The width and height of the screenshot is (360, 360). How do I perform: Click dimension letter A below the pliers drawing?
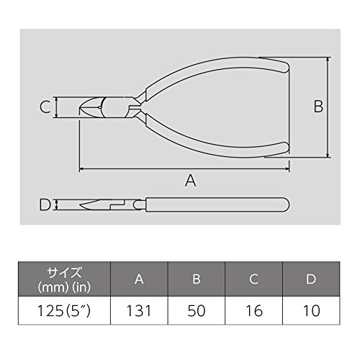(x=191, y=181)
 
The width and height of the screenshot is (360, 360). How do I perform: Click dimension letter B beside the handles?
(x=318, y=107)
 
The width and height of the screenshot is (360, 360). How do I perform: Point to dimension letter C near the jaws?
(x=45, y=107)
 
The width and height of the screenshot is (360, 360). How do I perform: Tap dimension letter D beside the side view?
(x=45, y=205)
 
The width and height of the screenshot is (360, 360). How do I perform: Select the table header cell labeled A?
(x=139, y=279)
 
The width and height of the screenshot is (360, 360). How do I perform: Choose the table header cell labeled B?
(x=197, y=279)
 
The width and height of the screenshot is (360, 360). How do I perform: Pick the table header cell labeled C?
(x=253, y=279)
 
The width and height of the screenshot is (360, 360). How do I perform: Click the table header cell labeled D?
(x=311, y=279)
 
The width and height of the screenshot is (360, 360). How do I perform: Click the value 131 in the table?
(x=139, y=311)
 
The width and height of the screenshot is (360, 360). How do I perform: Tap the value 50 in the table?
(x=197, y=311)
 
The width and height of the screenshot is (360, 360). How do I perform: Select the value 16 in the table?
(x=254, y=311)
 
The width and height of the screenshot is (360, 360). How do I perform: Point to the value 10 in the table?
(x=312, y=311)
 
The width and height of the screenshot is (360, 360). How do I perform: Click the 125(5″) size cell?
(x=64, y=311)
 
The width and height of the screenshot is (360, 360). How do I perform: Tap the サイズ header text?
(x=64, y=272)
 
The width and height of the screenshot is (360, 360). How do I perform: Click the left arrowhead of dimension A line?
(x=81, y=169)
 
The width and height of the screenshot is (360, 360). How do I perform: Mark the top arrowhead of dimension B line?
(x=328, y=59)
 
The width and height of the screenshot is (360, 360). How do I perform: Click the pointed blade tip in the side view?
(x=81, y=205)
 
